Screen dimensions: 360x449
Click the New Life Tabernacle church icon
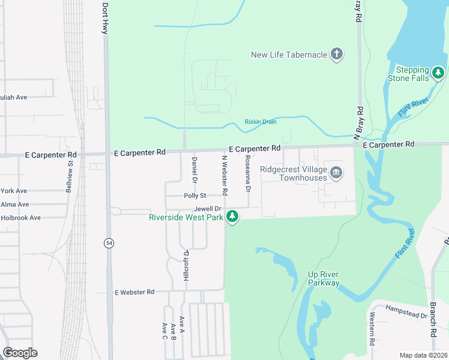click(x=337, y=55)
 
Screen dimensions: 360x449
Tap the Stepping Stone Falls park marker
click(x=439, y=73)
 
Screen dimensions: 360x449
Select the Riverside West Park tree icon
click(x=232, y=217)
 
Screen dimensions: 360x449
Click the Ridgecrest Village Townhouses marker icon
click(x=336, y=173)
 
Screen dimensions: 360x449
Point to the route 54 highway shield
click(x=109, y=242)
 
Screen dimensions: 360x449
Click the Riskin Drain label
click(x=261, y=122)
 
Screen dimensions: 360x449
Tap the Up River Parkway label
click(x=324, y=279)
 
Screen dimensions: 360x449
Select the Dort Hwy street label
click(x=105, y=17)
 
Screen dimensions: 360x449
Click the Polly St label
click(x=195, y=196)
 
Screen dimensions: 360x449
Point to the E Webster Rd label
click(x=134, y=292)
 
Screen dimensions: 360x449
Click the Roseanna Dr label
click(x=247, y=173)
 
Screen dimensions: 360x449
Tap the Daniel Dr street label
click(x=194, y=170)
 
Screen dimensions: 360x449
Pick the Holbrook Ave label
click(x=20, y=218)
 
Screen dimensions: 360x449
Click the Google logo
click(x=20, y=353)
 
